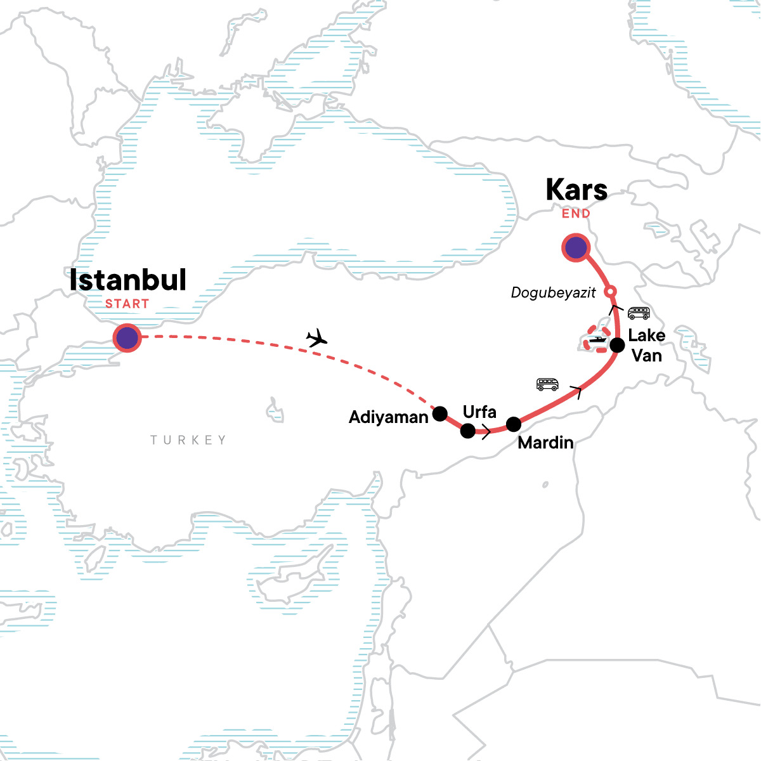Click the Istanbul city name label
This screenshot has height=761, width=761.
point(127,280)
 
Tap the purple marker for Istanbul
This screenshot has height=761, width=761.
point(127,338)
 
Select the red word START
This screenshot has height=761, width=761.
point(127,304)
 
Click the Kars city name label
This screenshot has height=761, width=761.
point(576,190)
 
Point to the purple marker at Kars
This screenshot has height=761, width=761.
point(576,248)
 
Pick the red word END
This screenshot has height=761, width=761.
point(576,214)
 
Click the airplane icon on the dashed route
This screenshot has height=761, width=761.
point(316,339)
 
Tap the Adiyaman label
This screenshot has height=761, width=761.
point(389,417)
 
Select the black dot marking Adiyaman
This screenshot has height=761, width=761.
point(439,414)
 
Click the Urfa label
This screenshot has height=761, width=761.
point(479,412)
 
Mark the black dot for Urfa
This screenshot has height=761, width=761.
point(467,431)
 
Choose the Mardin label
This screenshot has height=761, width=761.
point(545,443)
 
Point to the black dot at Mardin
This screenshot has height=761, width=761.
point(514,424)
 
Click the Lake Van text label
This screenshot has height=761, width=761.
point(646,346)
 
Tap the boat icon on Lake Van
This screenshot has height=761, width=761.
point(597,340)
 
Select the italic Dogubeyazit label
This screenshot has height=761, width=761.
point(553,293)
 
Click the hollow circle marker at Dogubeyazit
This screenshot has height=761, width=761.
point(609,292)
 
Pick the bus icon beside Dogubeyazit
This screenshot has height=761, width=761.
point(638,313)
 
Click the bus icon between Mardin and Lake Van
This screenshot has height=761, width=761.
point(547,384)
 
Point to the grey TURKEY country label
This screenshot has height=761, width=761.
point(188,440)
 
